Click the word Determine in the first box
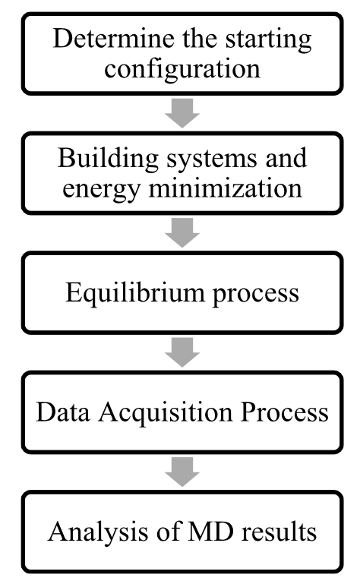pyautogui.click(x=115, y=38)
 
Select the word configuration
pyautogui.click(x=182, y=69)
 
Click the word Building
pyautogui.click(x=108, y=159)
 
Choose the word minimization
pyautogui.click(x=225, y=188)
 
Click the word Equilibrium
pyautogui.click(x=135, y=292)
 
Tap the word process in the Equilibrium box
pyautogui.click(x=256, y=295)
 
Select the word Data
pyautogui.click(x=63, y=412)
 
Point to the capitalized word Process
pyautogui.click(x=284, y=412)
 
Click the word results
pyautogui.click(x=279, y=532)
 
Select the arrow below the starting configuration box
pyautogui.click(x=182, y=113)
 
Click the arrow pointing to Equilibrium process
pyautogui.click(x=182, y=233)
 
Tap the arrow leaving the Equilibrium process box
pyautogui.click(x=182, y=352)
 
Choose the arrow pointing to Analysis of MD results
pyautogui.click(x=182, y=472)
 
